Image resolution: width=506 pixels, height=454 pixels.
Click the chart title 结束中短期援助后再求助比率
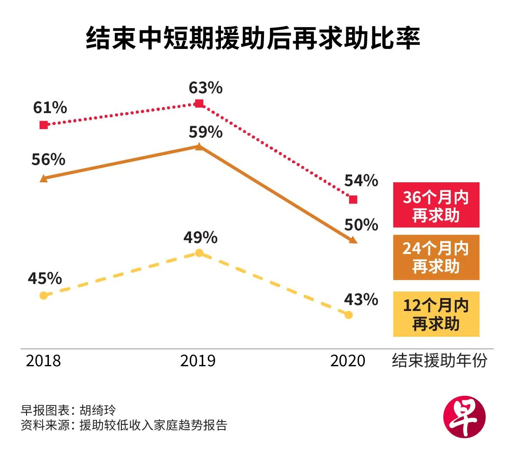[253, 39]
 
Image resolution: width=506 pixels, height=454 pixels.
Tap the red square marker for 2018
[44, 125]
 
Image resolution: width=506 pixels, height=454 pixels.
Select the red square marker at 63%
[199, 103]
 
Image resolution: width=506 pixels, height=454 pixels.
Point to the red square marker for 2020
[353, 199]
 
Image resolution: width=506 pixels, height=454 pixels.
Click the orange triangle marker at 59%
[199, 146]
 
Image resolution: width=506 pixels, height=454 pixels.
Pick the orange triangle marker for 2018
[43, 178]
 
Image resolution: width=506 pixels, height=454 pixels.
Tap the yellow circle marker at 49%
[199, 253]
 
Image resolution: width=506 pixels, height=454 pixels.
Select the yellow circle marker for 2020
[348, 315]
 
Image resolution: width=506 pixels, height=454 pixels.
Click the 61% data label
[50, 108]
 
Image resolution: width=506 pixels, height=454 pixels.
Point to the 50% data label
[361, 225]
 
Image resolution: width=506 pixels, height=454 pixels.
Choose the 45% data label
[45, 278]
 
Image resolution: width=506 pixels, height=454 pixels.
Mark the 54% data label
[361, 181]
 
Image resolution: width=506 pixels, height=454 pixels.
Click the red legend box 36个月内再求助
[436, 205]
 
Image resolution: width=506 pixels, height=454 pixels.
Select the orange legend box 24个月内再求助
[436, 257]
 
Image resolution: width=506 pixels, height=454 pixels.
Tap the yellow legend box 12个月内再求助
[436, 314]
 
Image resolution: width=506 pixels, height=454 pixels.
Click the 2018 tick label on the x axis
[43, 361]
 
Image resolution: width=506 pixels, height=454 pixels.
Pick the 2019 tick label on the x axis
[198, 361]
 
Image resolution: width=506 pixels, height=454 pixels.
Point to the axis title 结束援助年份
[439, 360]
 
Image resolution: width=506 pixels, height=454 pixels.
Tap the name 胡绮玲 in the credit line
[97, 410]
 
